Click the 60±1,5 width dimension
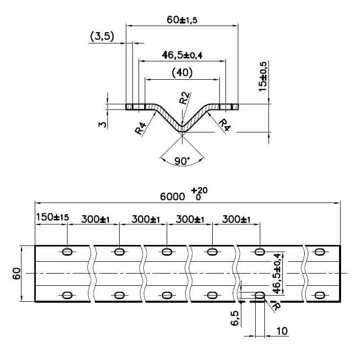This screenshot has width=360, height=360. point(182,20)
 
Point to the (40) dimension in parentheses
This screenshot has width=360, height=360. point(182,73)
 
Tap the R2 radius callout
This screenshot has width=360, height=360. point(185,98)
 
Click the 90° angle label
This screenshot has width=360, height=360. point(182,161)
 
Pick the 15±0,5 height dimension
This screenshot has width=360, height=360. point(263,77)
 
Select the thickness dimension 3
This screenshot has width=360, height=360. point(103,124)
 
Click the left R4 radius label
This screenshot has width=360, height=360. point(141,128)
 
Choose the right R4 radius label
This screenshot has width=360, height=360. point(224,125)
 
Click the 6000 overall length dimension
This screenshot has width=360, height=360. point(172,197)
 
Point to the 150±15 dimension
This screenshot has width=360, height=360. point(53,217)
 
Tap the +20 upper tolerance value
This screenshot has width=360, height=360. point(199,190)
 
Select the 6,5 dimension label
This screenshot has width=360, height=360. point(235,318)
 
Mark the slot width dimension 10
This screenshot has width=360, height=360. point(282,331)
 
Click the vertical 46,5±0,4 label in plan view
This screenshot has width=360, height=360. point(277,274)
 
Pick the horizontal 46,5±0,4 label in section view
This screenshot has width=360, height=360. point(182,55)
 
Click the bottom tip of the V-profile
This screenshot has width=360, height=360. point(182,132)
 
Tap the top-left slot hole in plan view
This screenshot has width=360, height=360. point(67,252)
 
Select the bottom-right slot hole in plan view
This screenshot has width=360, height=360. point(320,295)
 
